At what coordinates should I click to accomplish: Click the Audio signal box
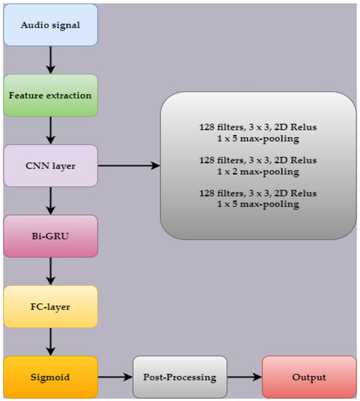coord(50,25)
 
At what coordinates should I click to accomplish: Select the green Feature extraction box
coord(50,96)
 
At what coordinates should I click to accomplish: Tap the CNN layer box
coord(50,166)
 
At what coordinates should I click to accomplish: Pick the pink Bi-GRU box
coord(50,236)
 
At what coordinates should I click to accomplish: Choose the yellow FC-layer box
coord(50,306)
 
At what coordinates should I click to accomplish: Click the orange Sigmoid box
coord(50,377)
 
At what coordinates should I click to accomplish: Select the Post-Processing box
coord(179,377)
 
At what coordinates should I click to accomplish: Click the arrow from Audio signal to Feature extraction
coord(50,60)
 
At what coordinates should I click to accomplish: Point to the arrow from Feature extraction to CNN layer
coord(50,131)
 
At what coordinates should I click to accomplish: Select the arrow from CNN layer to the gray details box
coord(128,166)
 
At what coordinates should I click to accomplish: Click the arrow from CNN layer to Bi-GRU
coord(50,200)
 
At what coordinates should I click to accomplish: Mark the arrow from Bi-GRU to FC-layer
coord(50,271)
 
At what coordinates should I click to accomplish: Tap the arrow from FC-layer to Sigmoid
coord(50,341)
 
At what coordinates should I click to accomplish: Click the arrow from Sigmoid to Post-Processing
coord(114,377)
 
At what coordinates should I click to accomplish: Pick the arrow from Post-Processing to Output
coord(244,377)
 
